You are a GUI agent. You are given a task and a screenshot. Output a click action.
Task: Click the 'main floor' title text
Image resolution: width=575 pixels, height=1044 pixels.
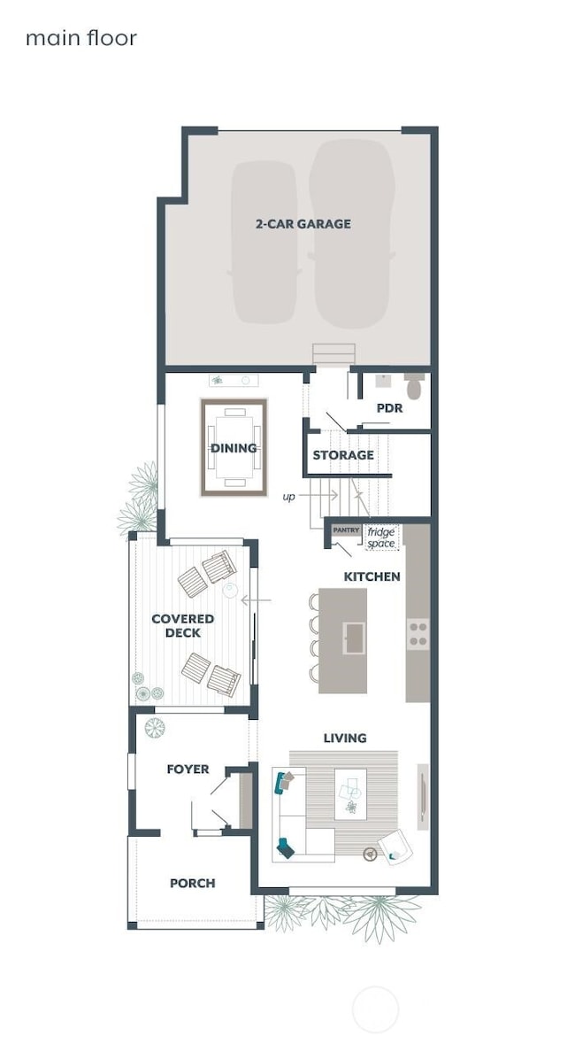click(x=80, y=38)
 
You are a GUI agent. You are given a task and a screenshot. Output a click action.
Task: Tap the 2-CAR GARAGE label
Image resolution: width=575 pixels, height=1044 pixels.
click(x=303, y=224)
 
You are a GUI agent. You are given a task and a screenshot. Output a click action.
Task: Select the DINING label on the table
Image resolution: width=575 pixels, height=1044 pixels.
click(x=234, y=448)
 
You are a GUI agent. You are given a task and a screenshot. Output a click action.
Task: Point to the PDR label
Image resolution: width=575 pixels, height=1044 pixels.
click(x=389, y=408)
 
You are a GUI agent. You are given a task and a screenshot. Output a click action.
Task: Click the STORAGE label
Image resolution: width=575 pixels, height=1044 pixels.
click(x=343, y=455)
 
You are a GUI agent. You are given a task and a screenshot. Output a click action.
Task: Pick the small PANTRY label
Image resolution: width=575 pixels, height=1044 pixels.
click(x=346, y=530)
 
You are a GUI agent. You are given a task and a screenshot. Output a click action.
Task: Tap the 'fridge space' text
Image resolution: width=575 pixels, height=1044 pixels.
click(x=381, y=537)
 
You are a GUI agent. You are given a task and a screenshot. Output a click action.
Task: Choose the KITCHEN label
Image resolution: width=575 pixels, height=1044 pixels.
click(x=372, y=576)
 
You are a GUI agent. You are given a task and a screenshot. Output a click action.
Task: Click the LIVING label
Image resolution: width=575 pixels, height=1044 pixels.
click(x=344, y=738)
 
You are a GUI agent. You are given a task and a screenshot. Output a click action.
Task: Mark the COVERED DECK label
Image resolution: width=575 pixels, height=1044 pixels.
click(x=182, y=626)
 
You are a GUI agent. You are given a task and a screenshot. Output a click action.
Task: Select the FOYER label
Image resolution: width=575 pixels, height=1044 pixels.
click(x=188, y=769)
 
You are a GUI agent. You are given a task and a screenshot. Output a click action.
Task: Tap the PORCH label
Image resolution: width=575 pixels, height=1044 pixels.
click(x=192, y=883)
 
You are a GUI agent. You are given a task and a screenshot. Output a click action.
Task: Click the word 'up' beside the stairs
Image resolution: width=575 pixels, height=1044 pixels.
click(x=288, y=497)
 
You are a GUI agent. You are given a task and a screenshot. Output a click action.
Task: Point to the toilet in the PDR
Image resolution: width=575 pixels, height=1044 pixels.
click(x=414, y=387)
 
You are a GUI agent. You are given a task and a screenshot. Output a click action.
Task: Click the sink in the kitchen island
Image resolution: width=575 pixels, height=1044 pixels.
click(x=354, y=637)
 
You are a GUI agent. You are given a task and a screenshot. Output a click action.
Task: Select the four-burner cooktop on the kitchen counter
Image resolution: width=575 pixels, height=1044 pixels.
click(x=418, y=632)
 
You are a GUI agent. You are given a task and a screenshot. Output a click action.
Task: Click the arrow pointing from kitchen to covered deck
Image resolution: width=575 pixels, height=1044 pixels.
click(x=256, y=600)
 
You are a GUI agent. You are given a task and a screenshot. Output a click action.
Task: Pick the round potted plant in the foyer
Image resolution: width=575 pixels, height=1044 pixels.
click(x=155, y=728)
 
